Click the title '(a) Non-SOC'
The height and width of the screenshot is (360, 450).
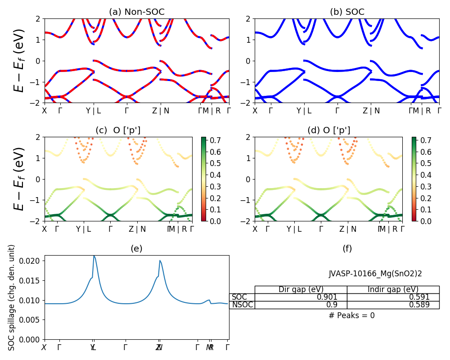tap(137, 12)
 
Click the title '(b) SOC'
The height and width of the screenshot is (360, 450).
tap(347, 12)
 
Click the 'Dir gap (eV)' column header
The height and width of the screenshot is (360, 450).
tap(301, 289)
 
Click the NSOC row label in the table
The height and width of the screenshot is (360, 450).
tap(242, 305)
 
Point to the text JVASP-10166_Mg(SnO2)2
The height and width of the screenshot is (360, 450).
tap(375, 274)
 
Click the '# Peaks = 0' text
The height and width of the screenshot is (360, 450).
tap(351, 315)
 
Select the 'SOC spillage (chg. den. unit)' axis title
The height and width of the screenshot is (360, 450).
tap(12, 297)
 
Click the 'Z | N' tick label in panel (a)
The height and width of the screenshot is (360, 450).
tap(161, 111)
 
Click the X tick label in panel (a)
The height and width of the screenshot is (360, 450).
tap(45, 111)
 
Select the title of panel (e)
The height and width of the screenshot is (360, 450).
tap(136, 248)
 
